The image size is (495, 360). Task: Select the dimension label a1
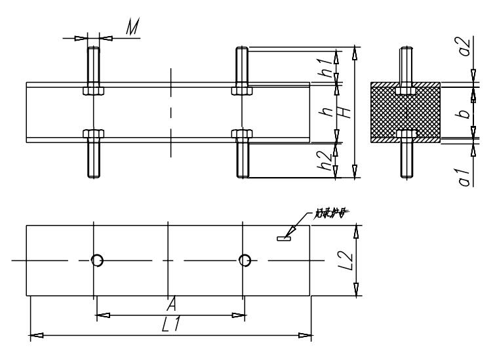click(465, 176)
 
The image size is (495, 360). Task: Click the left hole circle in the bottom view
click(97, 261)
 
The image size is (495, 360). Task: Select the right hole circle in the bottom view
click(245, 261)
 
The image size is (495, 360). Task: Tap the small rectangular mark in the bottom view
click(283, 239)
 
